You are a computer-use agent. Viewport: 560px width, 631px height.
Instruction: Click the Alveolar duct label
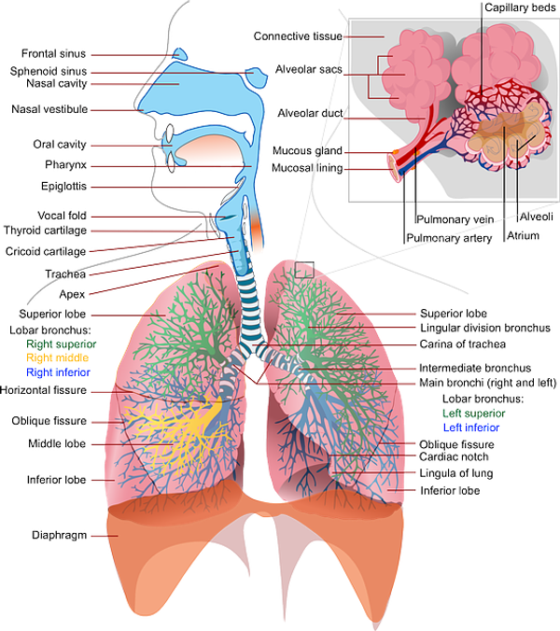pos(299,114)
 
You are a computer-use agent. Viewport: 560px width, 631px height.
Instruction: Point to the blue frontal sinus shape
pos(170,50)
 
